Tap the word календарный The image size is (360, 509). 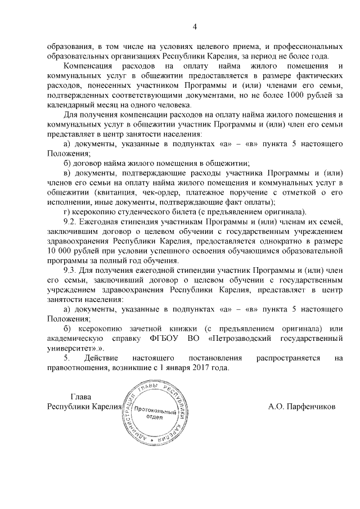tap(71, 105)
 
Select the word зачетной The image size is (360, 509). tap(160, 328)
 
